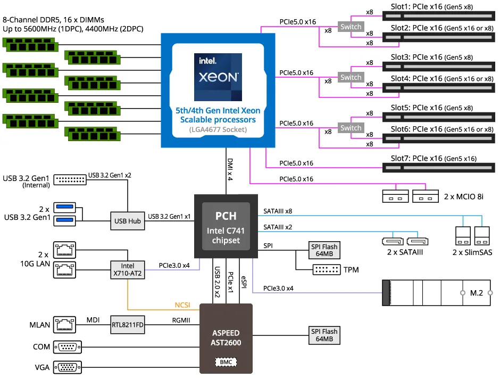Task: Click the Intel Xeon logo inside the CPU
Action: (x=218, y=77)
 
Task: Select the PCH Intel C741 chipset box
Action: (x=226, y=227)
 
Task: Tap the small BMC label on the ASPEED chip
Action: (x=226, y=362)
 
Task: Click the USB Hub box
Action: (x=127, y=220)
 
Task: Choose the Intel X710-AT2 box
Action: (x=127, y=269)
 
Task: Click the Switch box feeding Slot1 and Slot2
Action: (x=351, y=27)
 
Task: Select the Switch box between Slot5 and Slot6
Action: (x=351, y=128)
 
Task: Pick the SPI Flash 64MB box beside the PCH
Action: (x=324, y=250)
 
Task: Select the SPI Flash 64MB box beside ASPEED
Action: (x=324, y=335)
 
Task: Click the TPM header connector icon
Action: (x=326, y=270)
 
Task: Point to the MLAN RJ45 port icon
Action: (x=66, y=324)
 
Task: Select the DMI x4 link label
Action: (x=230, y=169)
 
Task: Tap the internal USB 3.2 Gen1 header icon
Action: (x=70, y=179)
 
